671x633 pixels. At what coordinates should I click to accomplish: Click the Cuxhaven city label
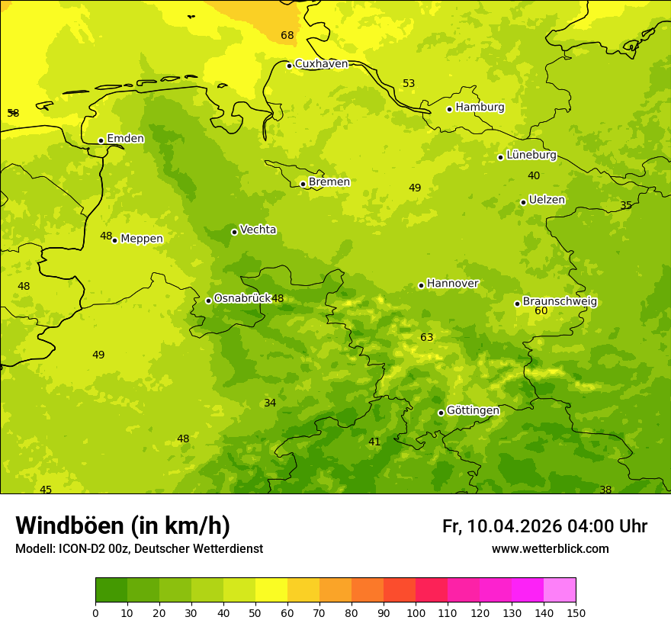click(321, 64)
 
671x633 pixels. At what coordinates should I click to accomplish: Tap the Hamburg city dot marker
click(450, 109)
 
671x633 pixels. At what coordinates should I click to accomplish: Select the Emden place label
click(125, 139)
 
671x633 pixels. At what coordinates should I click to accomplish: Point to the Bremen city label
click(329, 182)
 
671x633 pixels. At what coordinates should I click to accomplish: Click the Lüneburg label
click(531, 155)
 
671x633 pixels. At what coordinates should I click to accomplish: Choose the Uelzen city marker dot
click(523, 202)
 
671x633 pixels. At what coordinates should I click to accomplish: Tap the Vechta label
click(258, 230)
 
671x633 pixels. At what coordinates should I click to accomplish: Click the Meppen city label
click(141, 239)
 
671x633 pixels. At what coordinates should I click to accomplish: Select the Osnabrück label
click(242, 298)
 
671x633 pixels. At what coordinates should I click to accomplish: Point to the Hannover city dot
click(421, 285)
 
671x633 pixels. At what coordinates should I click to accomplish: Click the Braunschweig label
click(559, 302)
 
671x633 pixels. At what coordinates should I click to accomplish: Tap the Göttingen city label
click(473, 411)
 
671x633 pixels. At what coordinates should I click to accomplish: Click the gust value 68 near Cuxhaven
click(287, 36)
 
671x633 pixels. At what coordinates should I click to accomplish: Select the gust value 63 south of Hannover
click(426, 337)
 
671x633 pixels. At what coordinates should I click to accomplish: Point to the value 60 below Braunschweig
click(541, 311)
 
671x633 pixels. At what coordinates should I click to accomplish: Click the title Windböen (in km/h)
click(123, 525)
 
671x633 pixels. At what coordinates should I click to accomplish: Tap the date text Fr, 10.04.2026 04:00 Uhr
click(544, 526)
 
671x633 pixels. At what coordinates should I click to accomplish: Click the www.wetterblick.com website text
click(550, 549)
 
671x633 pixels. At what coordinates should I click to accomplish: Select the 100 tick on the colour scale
click(416, 613)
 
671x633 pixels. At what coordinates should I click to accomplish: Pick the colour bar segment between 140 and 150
click(560, 590)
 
